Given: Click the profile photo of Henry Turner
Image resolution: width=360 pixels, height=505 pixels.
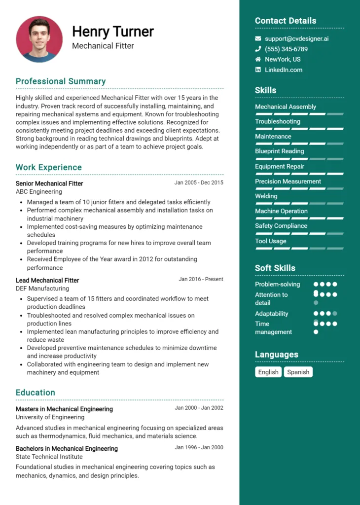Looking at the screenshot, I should [39, 39].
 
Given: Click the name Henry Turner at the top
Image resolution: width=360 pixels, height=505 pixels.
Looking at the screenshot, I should [113, 32].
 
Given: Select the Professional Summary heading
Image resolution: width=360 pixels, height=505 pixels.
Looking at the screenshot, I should [61, 81].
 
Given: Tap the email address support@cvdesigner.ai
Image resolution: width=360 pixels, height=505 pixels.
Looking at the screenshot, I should [296, 38].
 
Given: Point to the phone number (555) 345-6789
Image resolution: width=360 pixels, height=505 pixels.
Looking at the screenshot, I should [286, 49].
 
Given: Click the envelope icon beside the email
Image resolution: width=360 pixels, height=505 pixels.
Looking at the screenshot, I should [258, 38].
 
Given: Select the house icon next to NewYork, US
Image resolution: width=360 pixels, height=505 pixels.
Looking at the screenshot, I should [258, 59].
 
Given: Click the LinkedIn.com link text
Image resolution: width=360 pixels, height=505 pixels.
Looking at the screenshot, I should [284, 70].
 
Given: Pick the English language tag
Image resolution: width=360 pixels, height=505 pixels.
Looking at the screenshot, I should [268, 372].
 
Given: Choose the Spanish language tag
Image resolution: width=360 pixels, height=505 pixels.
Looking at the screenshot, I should [298, 372].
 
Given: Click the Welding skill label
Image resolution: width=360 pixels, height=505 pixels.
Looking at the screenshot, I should [266, 196].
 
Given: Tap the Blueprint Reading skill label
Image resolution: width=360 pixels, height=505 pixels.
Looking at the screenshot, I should [279, 151].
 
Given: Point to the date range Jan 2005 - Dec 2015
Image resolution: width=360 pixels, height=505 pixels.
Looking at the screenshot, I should [199, 182].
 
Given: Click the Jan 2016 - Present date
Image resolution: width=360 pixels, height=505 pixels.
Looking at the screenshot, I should [201, 279].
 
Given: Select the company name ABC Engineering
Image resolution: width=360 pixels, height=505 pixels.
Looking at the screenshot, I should [39, 191].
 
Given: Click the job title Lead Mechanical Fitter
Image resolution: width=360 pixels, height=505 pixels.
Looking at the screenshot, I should [47, 280].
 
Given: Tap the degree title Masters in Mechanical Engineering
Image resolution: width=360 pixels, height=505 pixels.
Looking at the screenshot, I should [64, 409].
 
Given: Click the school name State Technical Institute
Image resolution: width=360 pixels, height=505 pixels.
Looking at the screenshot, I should [49, 457].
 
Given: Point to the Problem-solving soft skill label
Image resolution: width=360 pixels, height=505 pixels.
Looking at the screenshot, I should [277, 284].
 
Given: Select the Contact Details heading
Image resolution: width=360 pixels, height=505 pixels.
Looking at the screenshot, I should [286, 21].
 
